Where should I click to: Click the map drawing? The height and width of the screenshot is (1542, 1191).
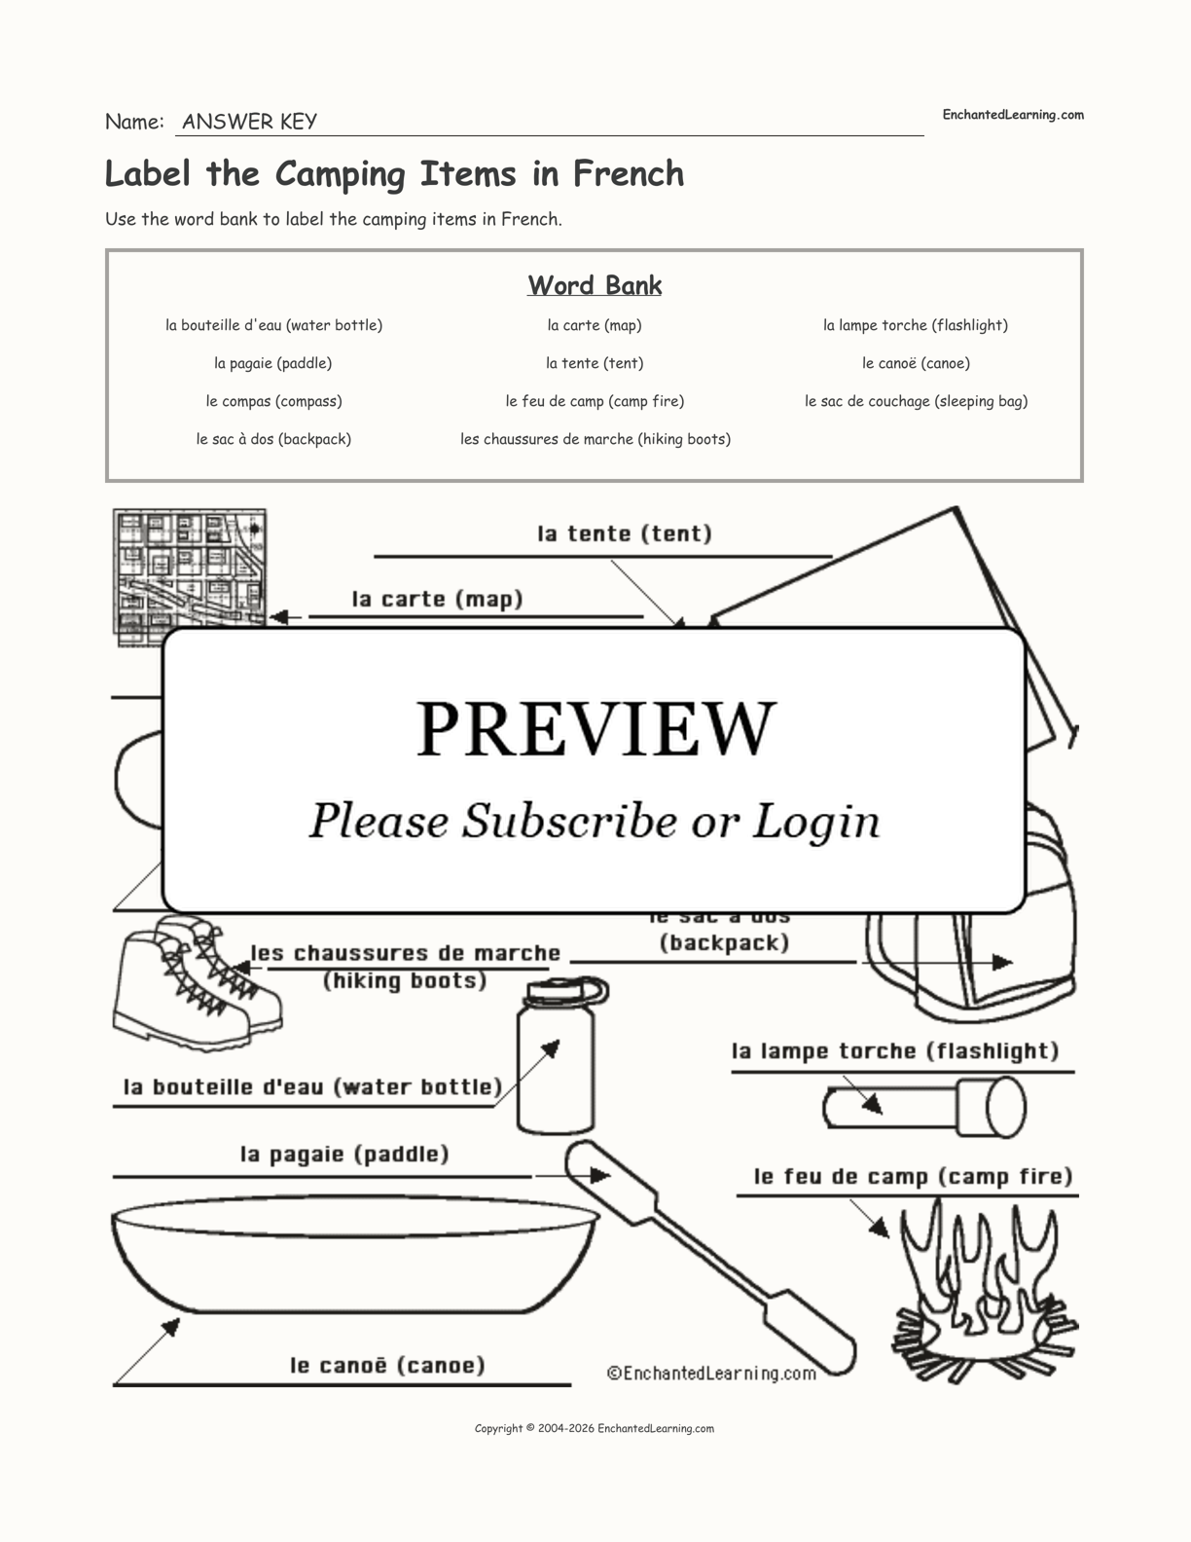[190, 574]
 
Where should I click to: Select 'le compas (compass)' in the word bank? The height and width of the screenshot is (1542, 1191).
[273, 401]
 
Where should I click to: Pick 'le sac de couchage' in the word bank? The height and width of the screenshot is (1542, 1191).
[916, 401]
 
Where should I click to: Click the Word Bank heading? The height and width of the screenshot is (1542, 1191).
[595, 285]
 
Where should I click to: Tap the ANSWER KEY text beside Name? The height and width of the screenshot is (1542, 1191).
[249, 122]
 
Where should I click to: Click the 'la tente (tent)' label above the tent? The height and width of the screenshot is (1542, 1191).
[625, 533]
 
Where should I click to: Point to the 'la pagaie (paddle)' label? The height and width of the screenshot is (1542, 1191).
[344, 1155]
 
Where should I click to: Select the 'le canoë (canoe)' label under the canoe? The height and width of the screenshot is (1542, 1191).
[387, 1365]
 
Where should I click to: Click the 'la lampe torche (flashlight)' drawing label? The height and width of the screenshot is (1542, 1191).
[895, 1051]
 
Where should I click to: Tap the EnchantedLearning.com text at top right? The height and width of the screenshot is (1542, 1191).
[1012, 115]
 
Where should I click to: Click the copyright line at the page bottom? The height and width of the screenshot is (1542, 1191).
[595, 1428]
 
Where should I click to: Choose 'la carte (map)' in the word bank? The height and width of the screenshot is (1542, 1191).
[595, 325]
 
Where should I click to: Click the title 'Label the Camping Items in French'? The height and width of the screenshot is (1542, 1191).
[394, 174]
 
